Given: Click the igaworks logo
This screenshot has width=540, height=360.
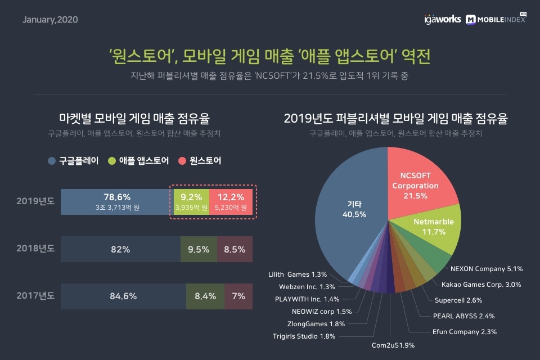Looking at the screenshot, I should (443, 20).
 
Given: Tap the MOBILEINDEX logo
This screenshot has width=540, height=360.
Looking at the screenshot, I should (496, 20).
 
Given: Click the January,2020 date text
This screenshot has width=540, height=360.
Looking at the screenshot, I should (50, 20).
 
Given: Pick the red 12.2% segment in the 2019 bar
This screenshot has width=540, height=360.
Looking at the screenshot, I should (231, 201).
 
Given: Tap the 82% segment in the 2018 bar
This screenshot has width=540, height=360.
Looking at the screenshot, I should (120, 249).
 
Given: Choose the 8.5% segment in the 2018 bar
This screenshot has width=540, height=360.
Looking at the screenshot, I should (235, 249).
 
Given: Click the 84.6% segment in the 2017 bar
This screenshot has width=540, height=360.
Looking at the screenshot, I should (123, 296).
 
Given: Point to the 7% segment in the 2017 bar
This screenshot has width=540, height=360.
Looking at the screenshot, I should (238, 296).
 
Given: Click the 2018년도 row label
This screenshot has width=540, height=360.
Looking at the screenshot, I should (34, 249).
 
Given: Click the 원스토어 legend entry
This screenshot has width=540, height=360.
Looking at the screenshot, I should (200, 161).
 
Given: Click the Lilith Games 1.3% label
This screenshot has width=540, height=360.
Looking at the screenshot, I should (298, 274).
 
